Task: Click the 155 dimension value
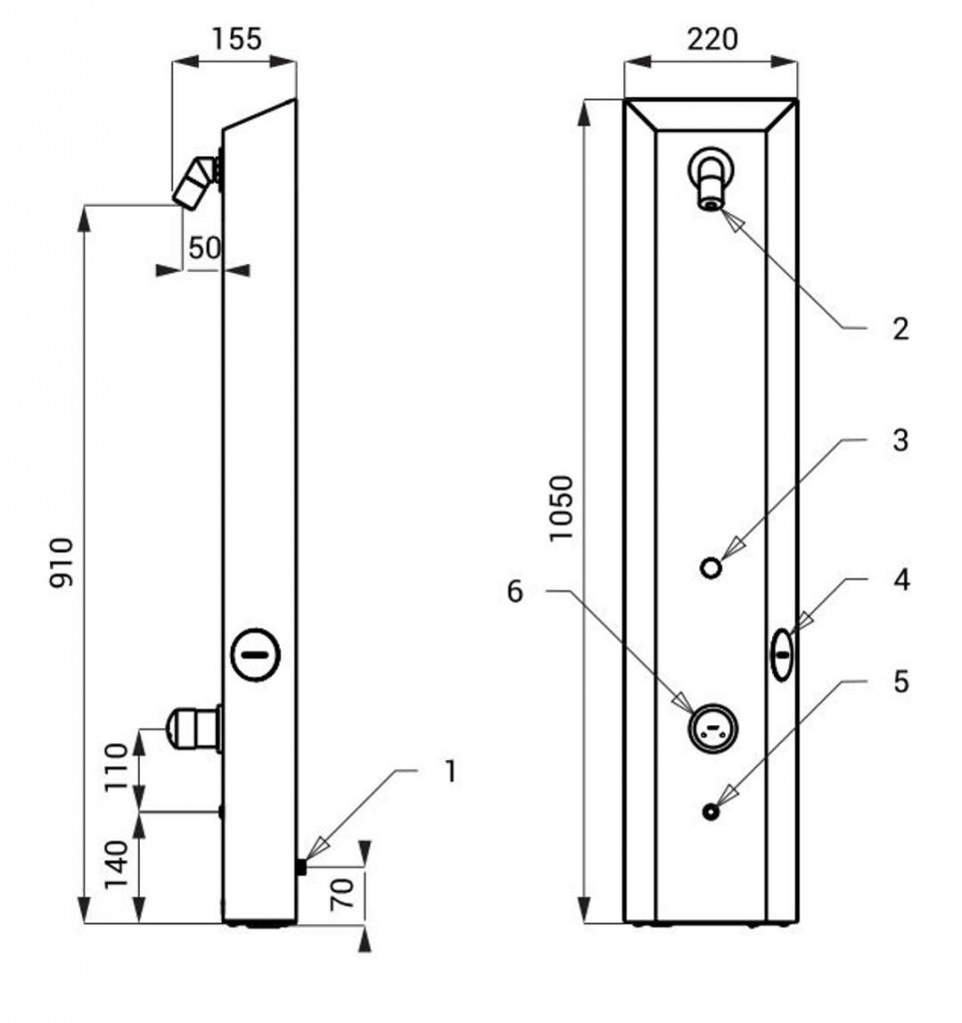237,38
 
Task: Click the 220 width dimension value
712,38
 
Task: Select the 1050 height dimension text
561,509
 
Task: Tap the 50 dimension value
204,249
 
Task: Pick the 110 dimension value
118,764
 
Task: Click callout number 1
450,770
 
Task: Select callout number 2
900,328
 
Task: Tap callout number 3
900,440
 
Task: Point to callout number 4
900,579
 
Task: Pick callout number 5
900,682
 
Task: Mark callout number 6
514,591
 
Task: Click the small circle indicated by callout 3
711,567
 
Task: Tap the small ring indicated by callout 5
711,810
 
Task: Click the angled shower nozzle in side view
194,183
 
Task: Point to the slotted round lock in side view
255,654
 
